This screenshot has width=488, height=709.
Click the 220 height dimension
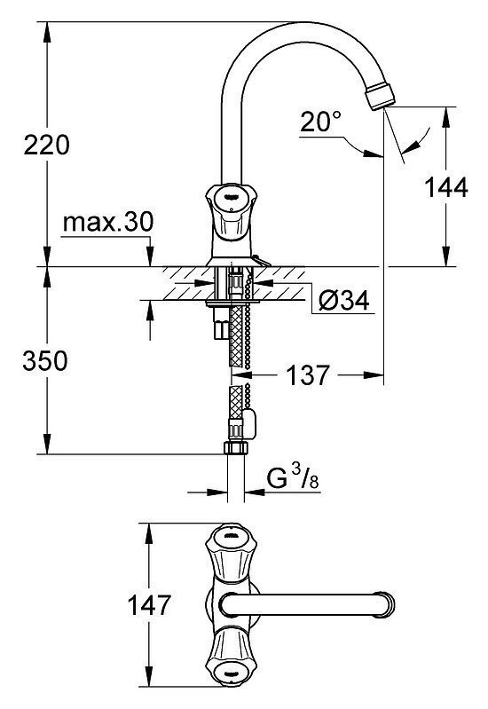pyautogui.click(x=47, y=146)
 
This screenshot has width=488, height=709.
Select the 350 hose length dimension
pyautogui.click(x=45, y=361)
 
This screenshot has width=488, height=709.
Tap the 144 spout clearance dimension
pyautogui.click(x=446, y=187)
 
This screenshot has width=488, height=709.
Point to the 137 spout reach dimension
pyautogui.click(x=308, y=374)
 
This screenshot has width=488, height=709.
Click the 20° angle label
pyautogui.click(x=320, y=122)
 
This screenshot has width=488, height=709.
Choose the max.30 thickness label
pyautogui.click(x=108, y=222)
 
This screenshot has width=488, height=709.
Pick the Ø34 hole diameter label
pyautogui.click(x=343, y=300)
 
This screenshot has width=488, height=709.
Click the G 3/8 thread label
pyautogui.click(x=293, y=478)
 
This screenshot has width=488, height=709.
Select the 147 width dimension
pyautogui.click(x=149, y=605)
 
